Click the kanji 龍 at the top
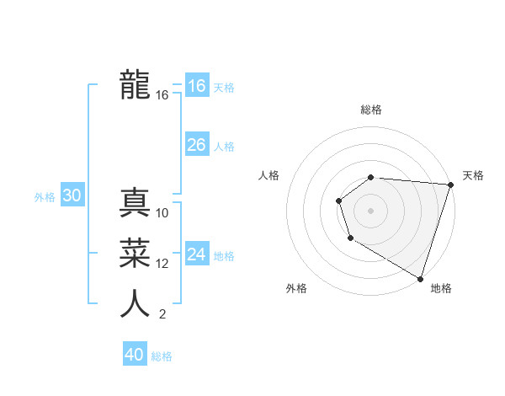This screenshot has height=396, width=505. [135, 84]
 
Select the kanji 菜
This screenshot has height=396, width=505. [135, 253]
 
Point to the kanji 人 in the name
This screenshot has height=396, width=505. [135, 303]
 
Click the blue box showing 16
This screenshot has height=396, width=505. [196, 86]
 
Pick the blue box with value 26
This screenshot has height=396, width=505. [196, 145]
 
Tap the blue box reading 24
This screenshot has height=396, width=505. [196, 254]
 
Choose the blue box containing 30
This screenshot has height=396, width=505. [72, 196]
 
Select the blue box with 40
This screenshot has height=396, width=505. [134, 355]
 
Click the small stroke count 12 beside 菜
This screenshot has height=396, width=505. [162, 264]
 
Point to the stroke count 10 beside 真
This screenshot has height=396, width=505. [162, 213]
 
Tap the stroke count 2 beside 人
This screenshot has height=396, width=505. [162, 314]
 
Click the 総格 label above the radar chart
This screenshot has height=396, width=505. [371, 110]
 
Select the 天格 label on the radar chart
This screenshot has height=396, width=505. [473, 175]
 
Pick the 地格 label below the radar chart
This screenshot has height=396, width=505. [441, 288]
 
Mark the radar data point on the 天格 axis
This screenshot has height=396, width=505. [450, 185]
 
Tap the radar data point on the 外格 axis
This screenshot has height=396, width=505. [349, 239]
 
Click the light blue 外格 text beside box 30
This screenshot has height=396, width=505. [45, 197]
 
